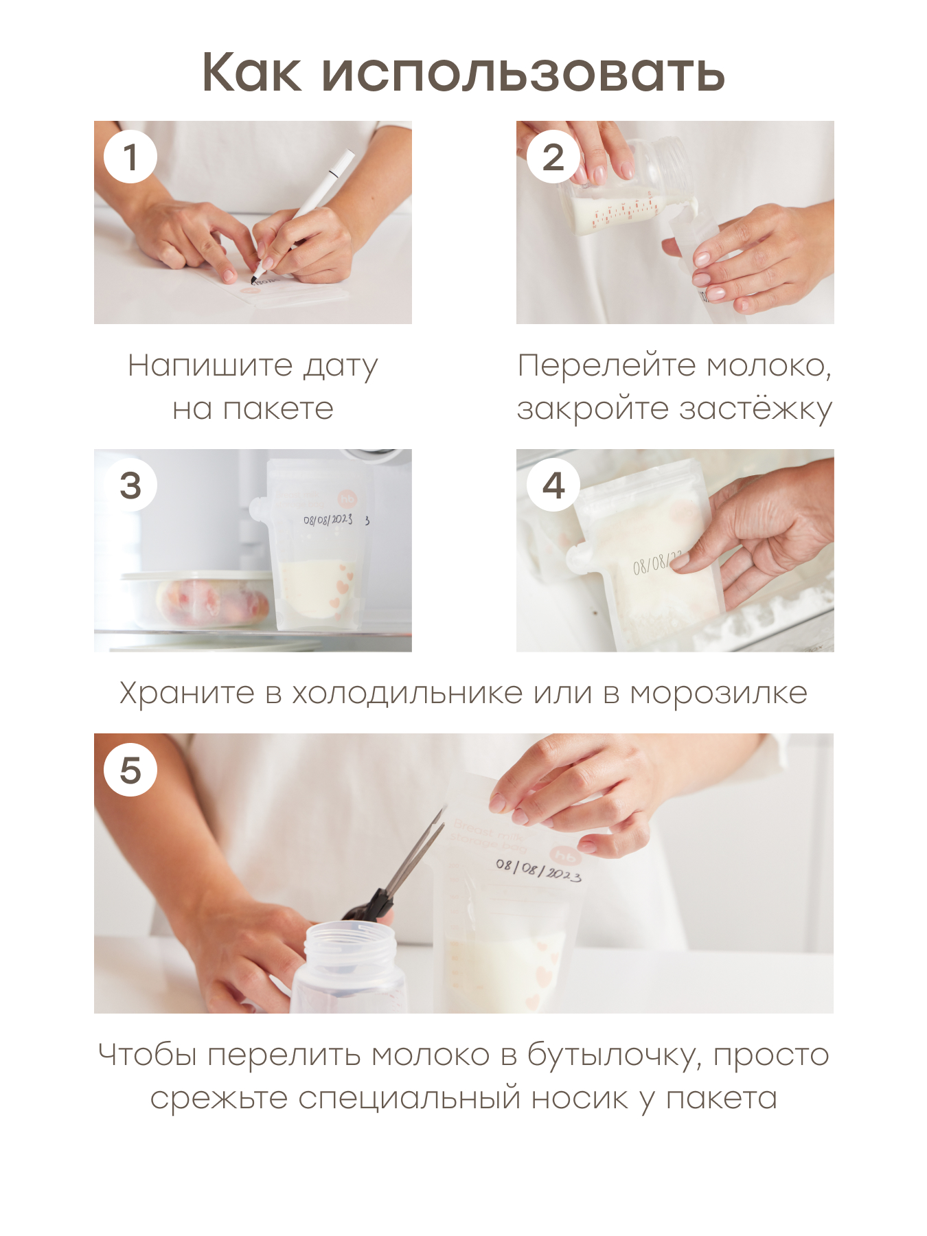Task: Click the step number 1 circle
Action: tap(130, 157)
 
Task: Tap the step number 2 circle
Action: tap(553, 157)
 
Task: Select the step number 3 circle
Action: tap(130, 485)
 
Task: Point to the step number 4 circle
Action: tap(553, 485)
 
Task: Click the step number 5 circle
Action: tap(130, 770)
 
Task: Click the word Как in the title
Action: tap(251, 72)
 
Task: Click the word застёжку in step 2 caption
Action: tap(755, 409)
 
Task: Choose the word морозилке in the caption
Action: tap(718, 694)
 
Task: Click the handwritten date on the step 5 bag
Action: tap(538, 870)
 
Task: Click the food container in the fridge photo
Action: tap(198, 599)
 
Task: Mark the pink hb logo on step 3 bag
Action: tap(348, 499)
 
